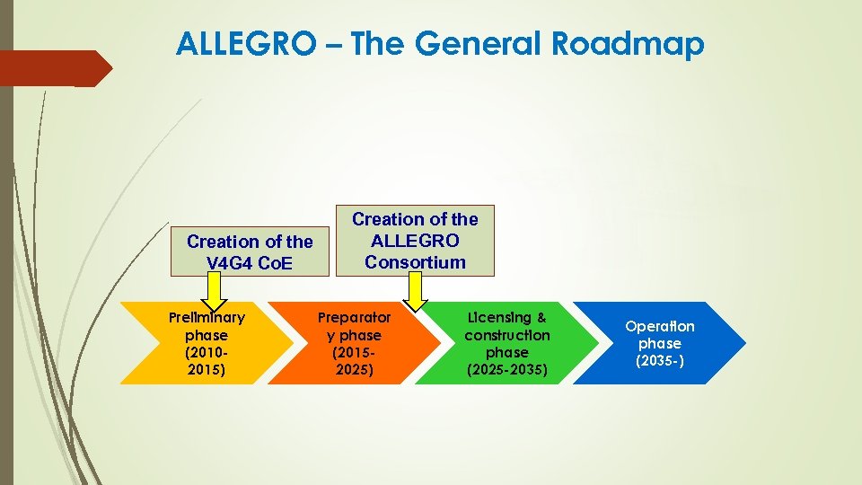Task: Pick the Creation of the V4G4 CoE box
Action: click(x=250, y=251)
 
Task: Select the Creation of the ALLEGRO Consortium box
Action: click(x=415, y=240)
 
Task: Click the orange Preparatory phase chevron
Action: click(x=355, y=343)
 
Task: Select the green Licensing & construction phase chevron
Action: click(x=506, y=343)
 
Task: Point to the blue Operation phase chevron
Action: click(x=660, y=343)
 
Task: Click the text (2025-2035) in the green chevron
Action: click(x=507, y=369)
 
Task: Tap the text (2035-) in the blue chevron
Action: click(x=660, y=360)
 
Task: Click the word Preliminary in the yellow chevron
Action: click(x=207, y=317)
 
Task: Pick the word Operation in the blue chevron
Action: click(x=660, y=326)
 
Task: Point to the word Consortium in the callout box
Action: click(x=415, y=262)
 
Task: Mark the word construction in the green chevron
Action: click(x=507, y=334)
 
